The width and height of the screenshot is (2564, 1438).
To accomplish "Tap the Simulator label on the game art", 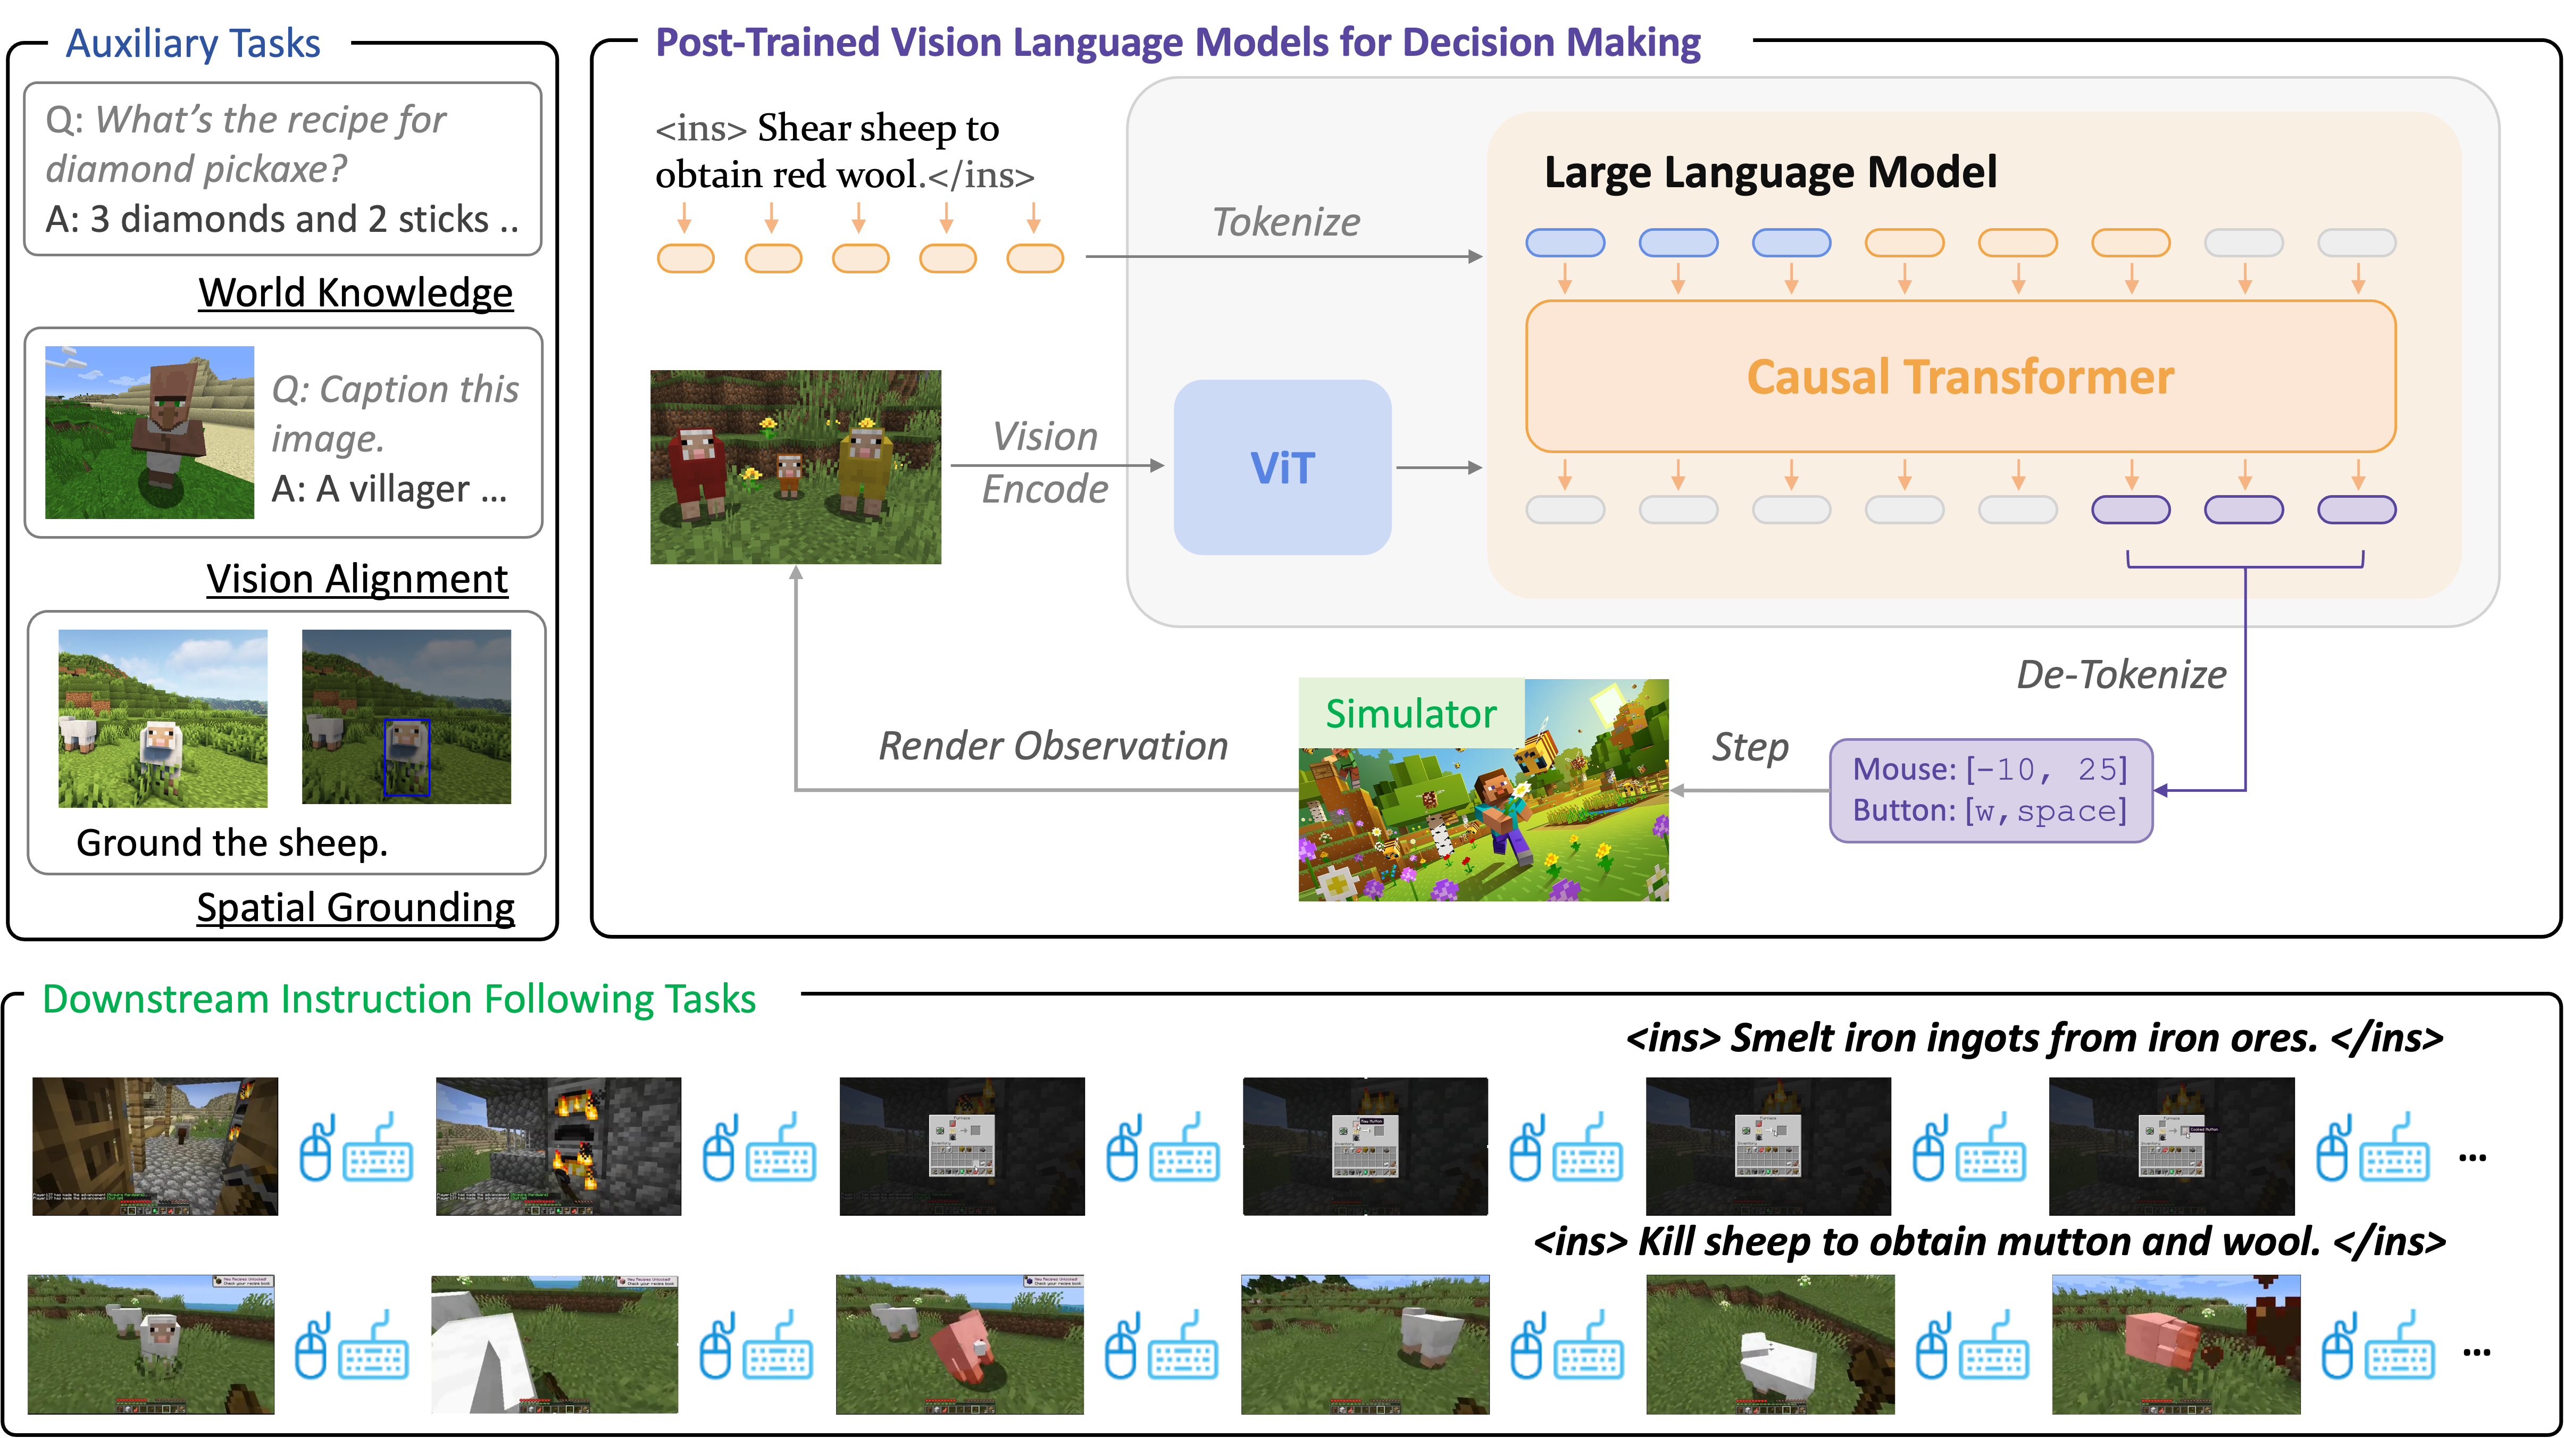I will coord(1410,714).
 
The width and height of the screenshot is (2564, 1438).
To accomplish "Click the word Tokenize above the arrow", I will coord(1286,222).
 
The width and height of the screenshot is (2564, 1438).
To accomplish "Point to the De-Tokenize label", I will coord(2121,675).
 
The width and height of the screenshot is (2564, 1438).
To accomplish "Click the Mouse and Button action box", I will coord(1991,790).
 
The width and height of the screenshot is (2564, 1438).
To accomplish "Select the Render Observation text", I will coord(1053,746).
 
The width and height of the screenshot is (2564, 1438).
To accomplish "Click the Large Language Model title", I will coord(1770,172).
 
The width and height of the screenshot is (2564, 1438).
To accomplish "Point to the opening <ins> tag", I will coord(701,129).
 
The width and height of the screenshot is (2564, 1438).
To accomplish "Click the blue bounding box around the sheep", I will coord(407,757).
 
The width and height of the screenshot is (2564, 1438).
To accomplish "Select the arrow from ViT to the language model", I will coord(1438,467).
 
